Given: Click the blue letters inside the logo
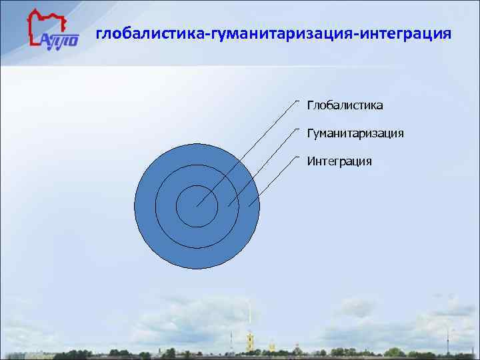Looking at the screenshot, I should (x=59, y=40).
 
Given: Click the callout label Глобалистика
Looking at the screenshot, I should (x=345, y=105).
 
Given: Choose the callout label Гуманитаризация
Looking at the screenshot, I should (x=355, y=133).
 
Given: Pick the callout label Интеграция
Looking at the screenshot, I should (x=339, y=161).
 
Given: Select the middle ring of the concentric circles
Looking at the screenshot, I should (x=197, y=175).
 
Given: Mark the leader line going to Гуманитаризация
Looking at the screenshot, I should (x=263, y=167).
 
